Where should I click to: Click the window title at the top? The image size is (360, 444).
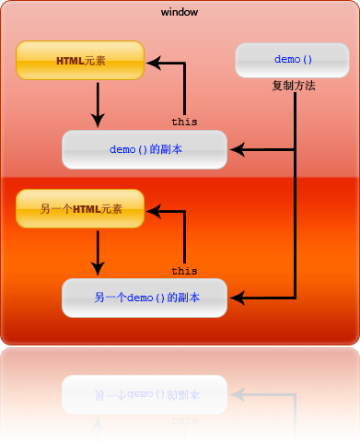(x=179, y=12)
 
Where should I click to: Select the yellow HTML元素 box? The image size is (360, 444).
(x=80, y=61)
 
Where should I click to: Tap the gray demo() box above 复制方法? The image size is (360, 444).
(x=294, y=60)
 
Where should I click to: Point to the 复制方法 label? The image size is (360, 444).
(x=294, y=86)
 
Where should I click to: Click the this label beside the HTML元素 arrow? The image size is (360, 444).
(x=184, y=121)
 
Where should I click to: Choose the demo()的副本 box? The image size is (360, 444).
(x=145, y=149)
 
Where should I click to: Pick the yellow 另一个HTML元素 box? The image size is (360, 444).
(x=80, y=209)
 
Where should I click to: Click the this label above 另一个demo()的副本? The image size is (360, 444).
(x=184, y=271)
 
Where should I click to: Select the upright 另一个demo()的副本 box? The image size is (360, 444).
(x=145, y=298)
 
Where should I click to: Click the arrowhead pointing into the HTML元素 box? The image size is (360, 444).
(x=154, y=64)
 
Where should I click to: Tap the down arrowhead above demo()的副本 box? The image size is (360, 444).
(x=98, y=120)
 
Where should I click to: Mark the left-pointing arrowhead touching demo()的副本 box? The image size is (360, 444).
(x=236, y=149)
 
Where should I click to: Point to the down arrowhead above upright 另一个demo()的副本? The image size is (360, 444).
(x=98, y=268)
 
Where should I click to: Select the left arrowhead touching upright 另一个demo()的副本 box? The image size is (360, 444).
(x=236, y=298)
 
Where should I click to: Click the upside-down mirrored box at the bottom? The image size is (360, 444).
(x=145, y=394)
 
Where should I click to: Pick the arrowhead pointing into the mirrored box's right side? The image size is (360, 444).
(x=236, y=394)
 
